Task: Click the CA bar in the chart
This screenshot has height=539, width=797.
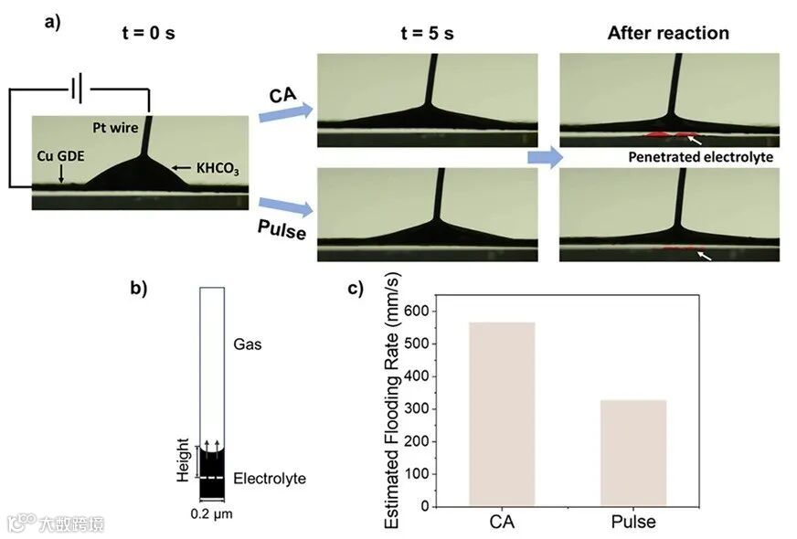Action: pos(502,413)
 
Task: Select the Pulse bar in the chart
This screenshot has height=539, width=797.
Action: pos(632,452)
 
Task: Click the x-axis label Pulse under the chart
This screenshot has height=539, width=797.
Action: pos(632,523)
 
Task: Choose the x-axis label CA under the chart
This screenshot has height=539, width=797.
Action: pos(502,523)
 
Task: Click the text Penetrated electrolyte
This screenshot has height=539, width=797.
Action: pos(701,157)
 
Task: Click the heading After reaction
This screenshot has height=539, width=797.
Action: pos(668,34)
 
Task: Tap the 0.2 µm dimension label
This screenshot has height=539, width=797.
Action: pos(212,514)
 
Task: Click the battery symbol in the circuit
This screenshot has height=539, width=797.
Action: pos(77,90)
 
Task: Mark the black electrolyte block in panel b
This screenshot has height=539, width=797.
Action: pos(212,473)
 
